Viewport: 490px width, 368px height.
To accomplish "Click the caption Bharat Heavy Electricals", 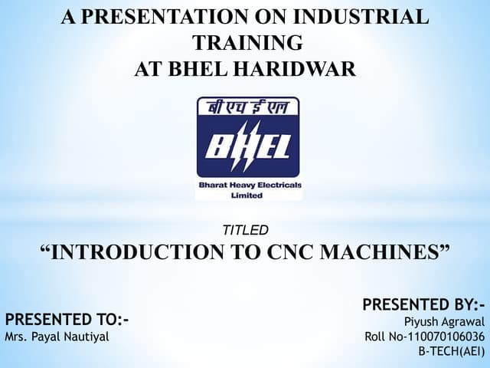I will [x=250, y=186].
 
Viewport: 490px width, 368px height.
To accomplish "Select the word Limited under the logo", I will [x=246, y=195].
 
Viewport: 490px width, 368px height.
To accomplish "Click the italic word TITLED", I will [x=245, y=230].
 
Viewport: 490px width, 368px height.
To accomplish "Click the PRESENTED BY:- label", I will [x=424, y=305].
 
